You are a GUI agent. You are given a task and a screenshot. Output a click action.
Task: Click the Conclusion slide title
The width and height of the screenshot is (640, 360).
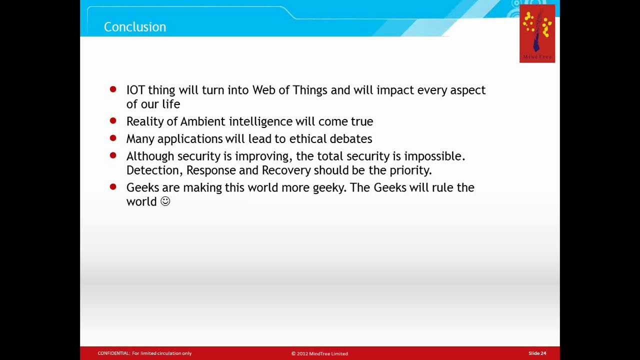point(135,27)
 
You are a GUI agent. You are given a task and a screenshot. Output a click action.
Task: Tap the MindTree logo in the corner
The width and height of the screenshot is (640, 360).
point(537,33)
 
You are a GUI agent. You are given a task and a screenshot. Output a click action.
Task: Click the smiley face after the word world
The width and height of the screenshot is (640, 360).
point(165,201)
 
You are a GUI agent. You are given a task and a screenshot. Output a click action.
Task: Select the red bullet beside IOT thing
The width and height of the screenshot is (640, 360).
point(113,89)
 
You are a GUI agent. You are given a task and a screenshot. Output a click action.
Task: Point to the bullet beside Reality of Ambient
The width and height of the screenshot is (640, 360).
point(113,120)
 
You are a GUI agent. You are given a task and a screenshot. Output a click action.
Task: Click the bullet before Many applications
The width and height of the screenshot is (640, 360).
point(113,138)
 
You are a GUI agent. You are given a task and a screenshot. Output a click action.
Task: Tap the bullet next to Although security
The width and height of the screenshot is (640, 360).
point(113,155)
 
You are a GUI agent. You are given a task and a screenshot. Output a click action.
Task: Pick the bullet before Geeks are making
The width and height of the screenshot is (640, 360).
point(113,187)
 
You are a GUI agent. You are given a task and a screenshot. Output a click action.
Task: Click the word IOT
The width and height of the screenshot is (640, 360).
point(135,90)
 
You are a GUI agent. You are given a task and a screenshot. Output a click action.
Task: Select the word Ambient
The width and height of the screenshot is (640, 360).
point(203,121)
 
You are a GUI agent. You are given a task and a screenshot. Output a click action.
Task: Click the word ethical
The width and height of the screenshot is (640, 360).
point(307,139)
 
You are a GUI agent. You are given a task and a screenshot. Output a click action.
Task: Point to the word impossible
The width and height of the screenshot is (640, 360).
point(434,156)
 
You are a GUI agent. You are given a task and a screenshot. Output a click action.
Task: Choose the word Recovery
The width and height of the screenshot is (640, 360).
point(286,170)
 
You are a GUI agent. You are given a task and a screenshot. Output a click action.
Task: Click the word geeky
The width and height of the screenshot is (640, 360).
point(329,188)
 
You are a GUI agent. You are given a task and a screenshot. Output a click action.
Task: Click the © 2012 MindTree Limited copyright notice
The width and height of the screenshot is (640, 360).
point(319,353)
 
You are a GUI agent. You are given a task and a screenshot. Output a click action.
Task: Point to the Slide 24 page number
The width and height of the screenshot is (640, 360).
point(537,353)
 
